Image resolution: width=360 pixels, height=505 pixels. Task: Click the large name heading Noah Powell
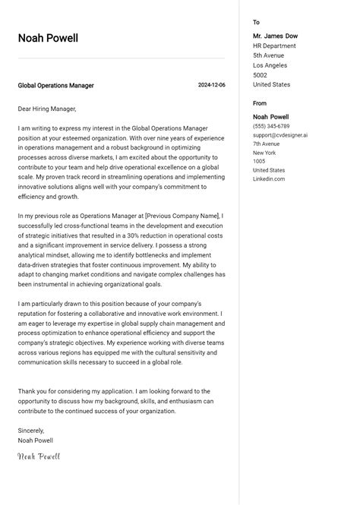48,39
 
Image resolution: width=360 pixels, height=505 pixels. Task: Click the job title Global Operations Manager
56,86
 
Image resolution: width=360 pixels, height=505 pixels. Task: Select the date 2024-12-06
211,86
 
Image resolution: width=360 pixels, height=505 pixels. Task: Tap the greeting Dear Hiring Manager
47,109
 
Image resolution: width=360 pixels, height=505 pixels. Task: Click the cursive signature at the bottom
39,456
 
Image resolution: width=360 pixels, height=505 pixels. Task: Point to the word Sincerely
31,431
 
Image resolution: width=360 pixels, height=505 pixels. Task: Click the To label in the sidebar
256,23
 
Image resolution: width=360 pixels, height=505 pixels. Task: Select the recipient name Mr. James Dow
275,36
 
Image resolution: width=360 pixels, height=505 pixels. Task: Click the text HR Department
274,46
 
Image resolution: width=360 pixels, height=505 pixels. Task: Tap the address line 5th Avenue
268,55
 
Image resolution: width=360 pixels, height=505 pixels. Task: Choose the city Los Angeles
270,65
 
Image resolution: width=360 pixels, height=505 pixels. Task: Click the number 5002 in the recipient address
260,75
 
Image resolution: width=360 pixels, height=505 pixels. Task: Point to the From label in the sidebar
260,103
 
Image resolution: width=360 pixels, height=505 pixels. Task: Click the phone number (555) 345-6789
271,126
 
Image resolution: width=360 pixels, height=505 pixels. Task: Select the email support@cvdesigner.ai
280,135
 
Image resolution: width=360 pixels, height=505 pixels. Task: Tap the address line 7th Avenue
266,144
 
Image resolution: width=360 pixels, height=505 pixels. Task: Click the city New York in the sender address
264,153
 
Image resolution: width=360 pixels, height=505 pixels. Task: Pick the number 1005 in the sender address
259,162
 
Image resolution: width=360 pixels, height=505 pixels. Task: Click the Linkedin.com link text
269,179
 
